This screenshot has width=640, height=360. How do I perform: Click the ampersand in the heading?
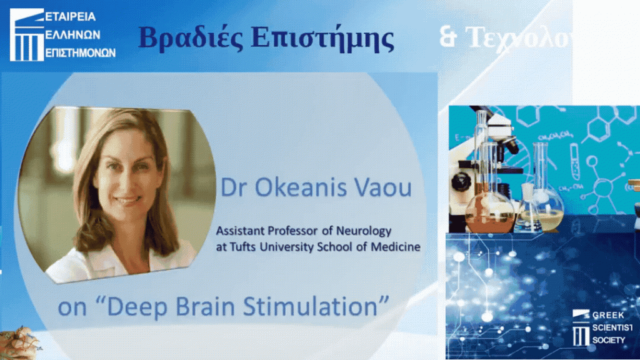coord(447,37)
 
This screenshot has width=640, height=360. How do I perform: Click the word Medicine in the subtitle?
coord(394,247)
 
